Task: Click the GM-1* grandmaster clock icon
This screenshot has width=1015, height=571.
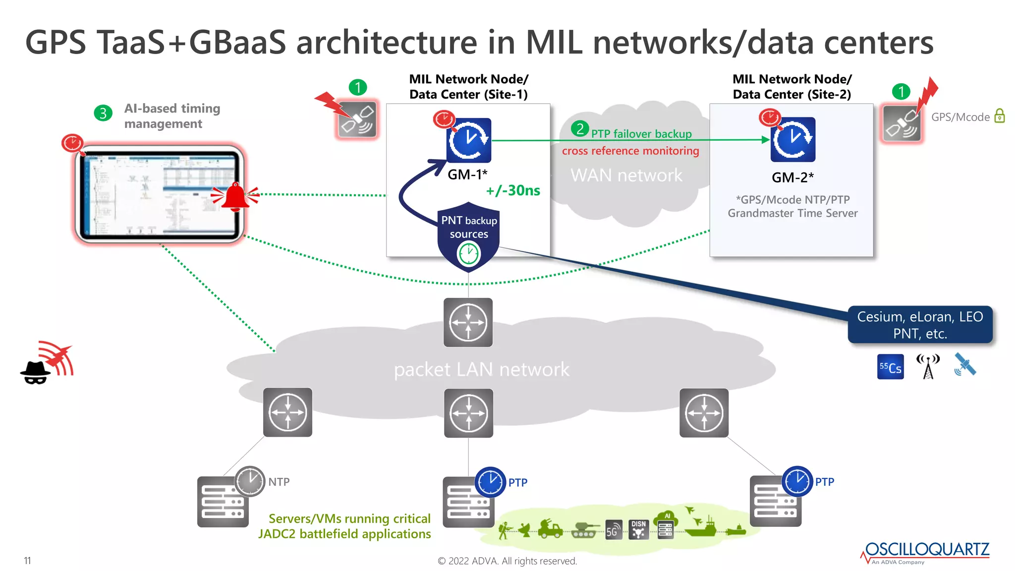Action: [468, 140]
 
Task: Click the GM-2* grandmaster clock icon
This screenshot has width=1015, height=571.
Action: [792, 140]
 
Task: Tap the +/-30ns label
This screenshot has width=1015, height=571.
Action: [513, 190]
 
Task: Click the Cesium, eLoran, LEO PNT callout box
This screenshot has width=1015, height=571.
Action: [920, 325]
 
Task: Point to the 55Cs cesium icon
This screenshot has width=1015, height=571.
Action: [890, 367]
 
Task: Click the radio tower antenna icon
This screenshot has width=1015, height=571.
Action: [928, 367]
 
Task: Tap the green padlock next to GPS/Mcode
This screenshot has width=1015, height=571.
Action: [1000, 116]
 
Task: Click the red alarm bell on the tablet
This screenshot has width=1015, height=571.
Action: [235, 197]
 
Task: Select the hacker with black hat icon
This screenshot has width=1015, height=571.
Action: [35, 372]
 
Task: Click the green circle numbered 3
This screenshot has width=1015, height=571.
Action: [103, 113]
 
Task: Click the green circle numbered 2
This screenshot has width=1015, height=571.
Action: [579, 129]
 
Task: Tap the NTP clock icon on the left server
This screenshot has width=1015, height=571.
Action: [250, 481]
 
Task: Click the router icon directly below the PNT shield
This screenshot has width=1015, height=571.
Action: [468, 323]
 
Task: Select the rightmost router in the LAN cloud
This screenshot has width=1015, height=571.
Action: [704, 413]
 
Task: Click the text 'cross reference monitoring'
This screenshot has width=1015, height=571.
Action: [630, 151]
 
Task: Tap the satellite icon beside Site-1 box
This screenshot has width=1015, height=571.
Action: [357, 119]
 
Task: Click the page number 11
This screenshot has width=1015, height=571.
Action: [27, 561]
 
